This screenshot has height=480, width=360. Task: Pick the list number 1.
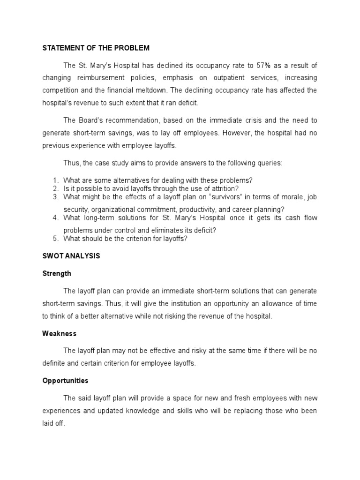pos(55,180)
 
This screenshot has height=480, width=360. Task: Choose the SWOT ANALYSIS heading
pos(71,256)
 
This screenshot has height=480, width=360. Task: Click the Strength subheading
pos(57,273)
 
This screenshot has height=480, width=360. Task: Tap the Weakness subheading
pos(59,333)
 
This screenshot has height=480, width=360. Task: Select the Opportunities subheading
pos(65,381)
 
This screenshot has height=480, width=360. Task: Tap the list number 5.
pos(55,239)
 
